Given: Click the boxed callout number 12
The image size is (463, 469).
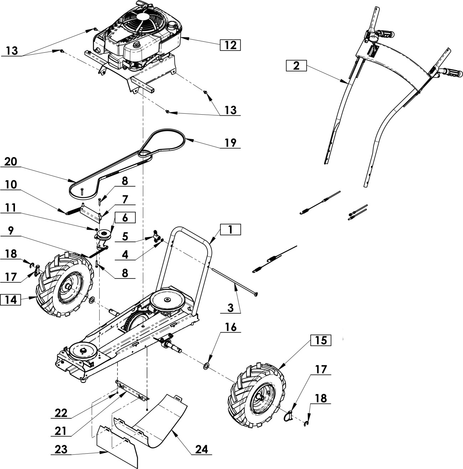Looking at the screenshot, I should pos(230,45).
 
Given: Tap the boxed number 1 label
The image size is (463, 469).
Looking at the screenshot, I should pos(230,230).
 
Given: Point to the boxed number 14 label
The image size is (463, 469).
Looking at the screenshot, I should pos(11,299).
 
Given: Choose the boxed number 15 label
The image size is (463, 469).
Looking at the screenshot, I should pos(321,340).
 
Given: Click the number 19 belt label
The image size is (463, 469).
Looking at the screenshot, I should pos(230,142).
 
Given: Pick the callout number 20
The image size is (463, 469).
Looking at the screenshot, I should pos(11,161).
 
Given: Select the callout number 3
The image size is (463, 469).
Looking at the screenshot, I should pos(230,307).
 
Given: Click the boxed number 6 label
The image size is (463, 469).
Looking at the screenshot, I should pos(125,218).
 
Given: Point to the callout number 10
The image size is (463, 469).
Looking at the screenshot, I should pos(11,184).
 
